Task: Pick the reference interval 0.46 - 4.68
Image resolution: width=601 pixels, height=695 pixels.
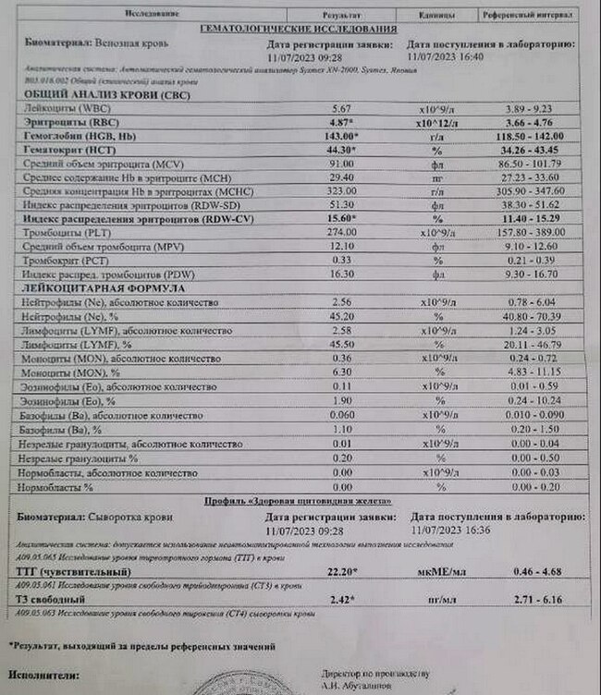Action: pos(540,572)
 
